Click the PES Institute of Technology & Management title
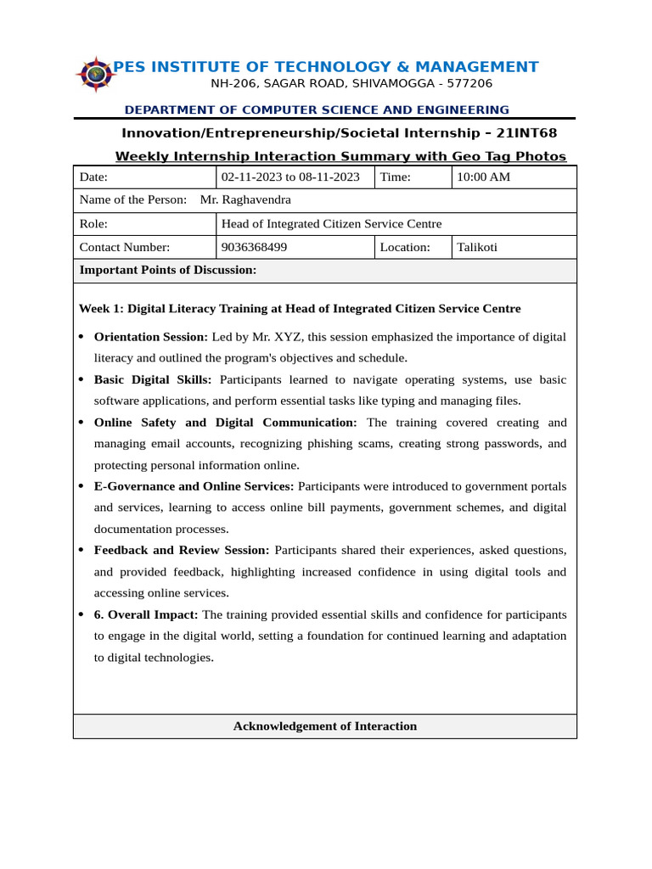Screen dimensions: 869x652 coord(326,67)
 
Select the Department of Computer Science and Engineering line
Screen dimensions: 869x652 coord(317,109)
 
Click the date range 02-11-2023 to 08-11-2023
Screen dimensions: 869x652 coord(290,177)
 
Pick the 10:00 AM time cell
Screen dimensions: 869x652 coord(483,177)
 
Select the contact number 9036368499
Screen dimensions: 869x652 coord(254,247)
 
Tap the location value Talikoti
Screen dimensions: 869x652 coord(477,247)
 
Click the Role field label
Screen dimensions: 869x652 coord(93,224)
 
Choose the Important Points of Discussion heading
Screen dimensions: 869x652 coord(167,270)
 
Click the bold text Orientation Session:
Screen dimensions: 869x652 coord(150,337)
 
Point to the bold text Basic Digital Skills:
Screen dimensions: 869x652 coord(153,379)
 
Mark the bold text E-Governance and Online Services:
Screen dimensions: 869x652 coord(194,486)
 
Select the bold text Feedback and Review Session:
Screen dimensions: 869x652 coord(181,550)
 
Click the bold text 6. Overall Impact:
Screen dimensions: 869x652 coord(146,614)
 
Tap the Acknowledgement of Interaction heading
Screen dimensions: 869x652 coord(325,726)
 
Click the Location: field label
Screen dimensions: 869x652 coord(405,247)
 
